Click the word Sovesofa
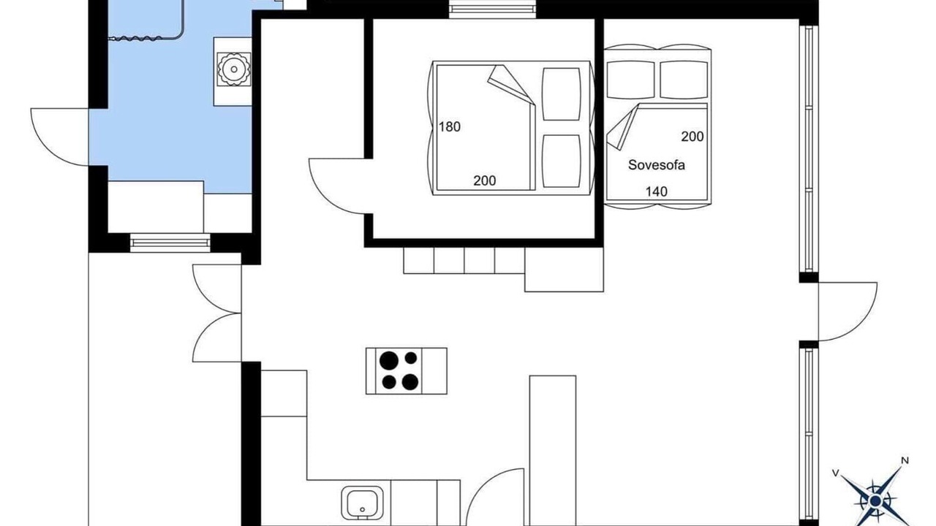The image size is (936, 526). [657, 165]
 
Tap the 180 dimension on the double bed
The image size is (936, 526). [450, 126]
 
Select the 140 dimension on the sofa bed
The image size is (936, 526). [657, 191]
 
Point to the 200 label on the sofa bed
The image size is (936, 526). [692, 137]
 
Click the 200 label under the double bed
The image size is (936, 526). [485, 180]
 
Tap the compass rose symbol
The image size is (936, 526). [875, 500]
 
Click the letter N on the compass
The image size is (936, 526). [905, 461]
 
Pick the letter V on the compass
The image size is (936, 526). [836, 473]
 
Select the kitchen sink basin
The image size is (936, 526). [362, 503]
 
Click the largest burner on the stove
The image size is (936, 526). [388, 360]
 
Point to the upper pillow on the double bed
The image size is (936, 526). [561, 94]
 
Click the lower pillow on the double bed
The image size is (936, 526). [561, 161]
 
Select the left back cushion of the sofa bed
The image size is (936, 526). [630, 80]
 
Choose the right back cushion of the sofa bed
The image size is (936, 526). [684, 80]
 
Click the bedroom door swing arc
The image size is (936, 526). [322, 197]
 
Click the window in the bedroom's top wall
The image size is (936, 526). [493, 9]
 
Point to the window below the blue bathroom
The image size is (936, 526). [170, 243]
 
